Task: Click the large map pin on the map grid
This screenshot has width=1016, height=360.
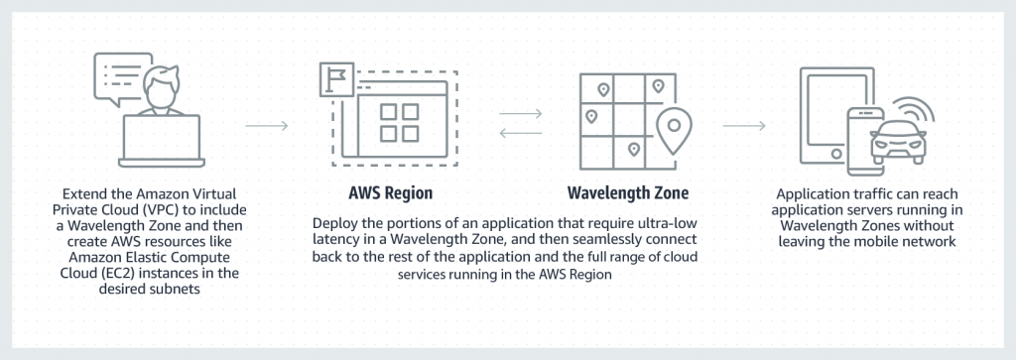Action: coord(675,127)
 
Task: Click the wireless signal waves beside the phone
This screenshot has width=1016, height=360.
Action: coord(909,111)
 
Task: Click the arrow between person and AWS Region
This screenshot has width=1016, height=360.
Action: coord(266,126)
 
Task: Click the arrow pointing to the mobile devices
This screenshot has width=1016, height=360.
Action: coord(744,126)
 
